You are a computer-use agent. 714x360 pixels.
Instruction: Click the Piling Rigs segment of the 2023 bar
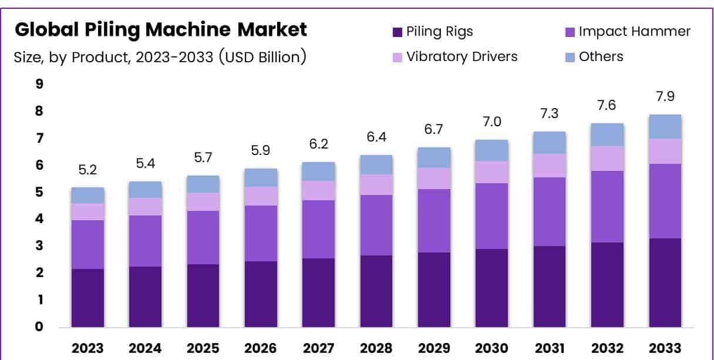[x=87, y=297]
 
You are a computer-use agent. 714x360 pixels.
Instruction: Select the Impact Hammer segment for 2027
[x=319, y=229]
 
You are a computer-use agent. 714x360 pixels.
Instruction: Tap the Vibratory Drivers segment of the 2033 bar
[x=665, y=151]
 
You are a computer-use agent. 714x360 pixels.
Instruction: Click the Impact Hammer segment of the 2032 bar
[x=608, y=206]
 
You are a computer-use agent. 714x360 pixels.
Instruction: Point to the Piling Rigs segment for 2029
[x=435, y=290]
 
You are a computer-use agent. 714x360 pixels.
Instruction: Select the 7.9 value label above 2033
[x=665, y=96]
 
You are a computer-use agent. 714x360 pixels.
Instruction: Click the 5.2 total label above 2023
[x=87, y=170]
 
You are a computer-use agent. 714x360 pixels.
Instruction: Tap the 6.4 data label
[x=376, y=137]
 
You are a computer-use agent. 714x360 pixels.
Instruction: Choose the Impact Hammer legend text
[x=634, y=32]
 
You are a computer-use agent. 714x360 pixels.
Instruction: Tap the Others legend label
[x=601, y=56]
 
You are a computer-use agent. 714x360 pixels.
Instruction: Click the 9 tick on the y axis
[x=39, y=84]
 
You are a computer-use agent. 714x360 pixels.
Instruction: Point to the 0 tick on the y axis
[x=39, y=327]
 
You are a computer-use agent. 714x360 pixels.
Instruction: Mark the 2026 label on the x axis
[x=261, y=348]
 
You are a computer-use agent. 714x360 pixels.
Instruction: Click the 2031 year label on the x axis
[x=550, y=348]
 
